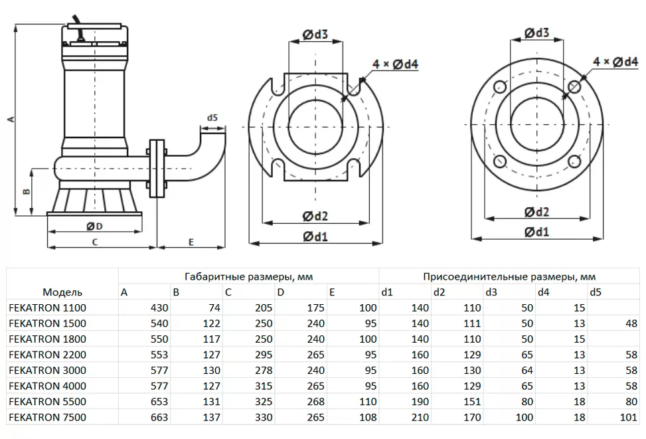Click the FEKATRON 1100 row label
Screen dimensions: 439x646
click(47, 308)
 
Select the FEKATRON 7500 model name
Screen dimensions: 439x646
click(47, 418)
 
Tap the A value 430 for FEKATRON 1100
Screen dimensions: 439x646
click(160, 308)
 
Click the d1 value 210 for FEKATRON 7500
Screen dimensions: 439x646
click(420, 418)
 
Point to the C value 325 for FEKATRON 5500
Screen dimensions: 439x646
click(264, 402)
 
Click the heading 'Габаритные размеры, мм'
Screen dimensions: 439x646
click(248, 276)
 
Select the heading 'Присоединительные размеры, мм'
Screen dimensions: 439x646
click(509, 276)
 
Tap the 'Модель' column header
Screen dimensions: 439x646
click(62, 292)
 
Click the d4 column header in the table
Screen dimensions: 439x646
click(543, 292)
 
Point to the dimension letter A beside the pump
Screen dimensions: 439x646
click(9, 120)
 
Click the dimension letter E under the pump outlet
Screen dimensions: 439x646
click(191, 242)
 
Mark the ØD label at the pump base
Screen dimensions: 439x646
click(95, 226)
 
